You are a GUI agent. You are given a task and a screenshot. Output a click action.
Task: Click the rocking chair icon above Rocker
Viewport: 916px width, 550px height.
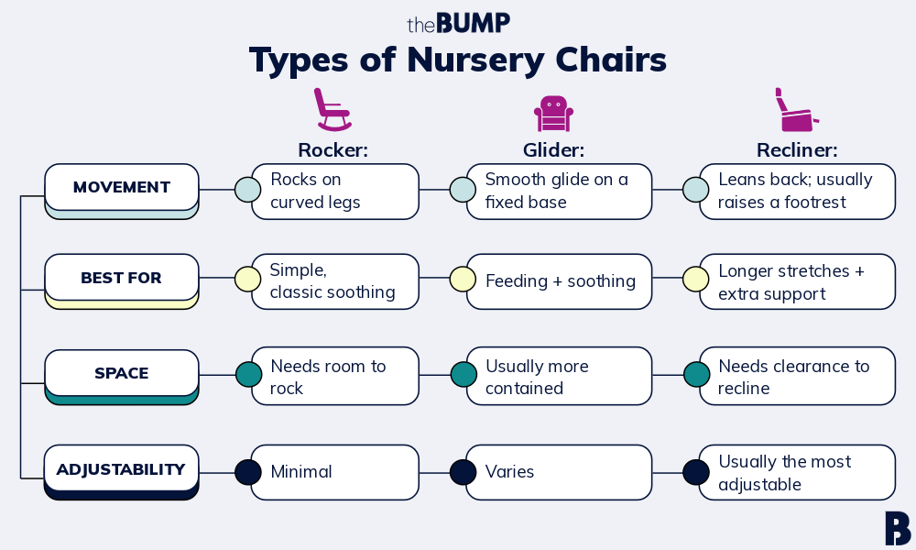[x=333, y=109]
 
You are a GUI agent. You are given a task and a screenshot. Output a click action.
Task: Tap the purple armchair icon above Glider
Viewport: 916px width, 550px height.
[x=553, y=114]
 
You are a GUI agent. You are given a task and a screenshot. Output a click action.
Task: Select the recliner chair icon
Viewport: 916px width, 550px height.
[x=796, y=110]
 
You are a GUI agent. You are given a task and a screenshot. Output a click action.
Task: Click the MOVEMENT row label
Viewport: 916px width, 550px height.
[x=122, y=187]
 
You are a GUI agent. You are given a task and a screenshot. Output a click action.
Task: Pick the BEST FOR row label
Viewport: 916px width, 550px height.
[x=122, y=278]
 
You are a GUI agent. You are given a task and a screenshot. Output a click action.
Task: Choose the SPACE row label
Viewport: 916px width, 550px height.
[x=122, y=373]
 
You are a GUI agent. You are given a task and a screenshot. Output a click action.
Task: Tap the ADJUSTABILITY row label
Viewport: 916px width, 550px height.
[x=122, y=468]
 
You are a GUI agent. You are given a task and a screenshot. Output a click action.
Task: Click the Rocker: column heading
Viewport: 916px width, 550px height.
[x=333, y=150]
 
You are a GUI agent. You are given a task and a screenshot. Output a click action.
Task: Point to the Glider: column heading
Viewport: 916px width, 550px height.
[x=553, y=150]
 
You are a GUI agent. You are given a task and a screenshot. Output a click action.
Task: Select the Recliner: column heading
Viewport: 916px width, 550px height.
[x=797, y=150]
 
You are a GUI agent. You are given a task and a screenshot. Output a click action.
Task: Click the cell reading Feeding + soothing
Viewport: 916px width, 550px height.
[x=559, y=281]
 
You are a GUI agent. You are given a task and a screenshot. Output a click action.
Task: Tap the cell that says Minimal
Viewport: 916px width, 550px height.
[x=334, y=472]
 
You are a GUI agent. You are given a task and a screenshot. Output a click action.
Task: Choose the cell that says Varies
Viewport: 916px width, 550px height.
[x=559, y=472]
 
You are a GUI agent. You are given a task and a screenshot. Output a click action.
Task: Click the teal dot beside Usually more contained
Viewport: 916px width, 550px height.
[x=463, y=375]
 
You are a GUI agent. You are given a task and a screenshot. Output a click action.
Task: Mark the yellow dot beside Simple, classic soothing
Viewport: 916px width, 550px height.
[x=247, y=279]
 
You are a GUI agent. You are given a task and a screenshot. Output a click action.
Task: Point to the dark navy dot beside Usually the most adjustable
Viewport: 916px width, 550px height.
[x=696, y=472]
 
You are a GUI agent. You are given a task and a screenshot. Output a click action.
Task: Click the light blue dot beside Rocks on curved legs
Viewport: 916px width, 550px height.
[x=247, y=190]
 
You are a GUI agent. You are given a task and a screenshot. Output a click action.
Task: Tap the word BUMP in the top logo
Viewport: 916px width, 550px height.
[x=474, y=24]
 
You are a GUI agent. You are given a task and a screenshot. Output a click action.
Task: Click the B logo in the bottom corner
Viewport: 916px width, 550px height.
[x=898, y=528]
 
